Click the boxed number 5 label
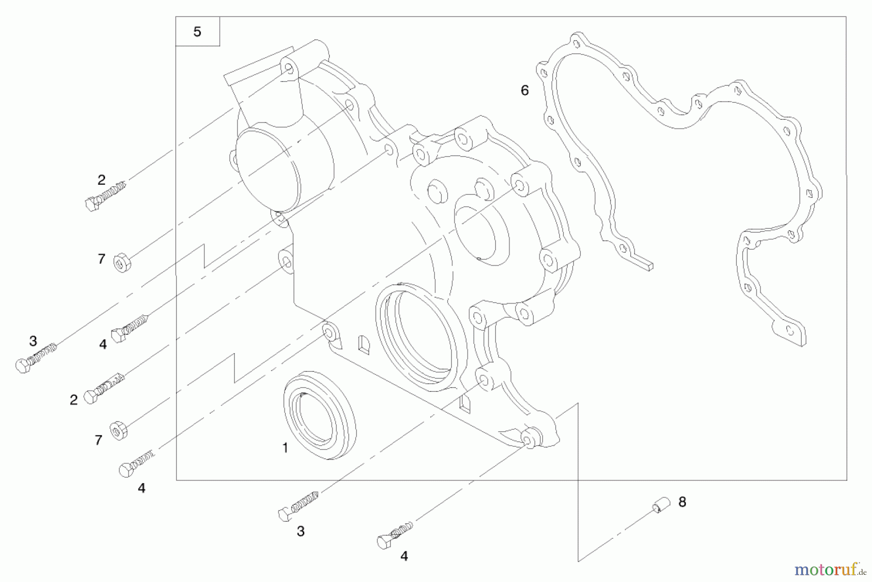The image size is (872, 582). tap(197, 32)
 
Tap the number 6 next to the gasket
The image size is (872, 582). tap(525, 90)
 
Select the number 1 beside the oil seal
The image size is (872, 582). tap(285, 448)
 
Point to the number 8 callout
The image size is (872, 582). tap(682, 502)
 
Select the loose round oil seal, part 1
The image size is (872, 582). tap(319, 415)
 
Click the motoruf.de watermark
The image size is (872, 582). tap(826, 568)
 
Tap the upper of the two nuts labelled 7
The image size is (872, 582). tap(122, 263)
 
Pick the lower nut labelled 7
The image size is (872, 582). tap(119, 431)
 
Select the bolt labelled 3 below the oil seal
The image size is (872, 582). tap(298, 506)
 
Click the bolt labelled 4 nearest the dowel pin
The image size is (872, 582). tap(395, 535)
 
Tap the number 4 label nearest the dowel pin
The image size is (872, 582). tap(404, 556)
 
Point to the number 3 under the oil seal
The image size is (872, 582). tap(301, 532)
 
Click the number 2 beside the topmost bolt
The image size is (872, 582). tap(101, 180)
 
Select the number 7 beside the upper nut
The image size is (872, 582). tap(101, 259)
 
